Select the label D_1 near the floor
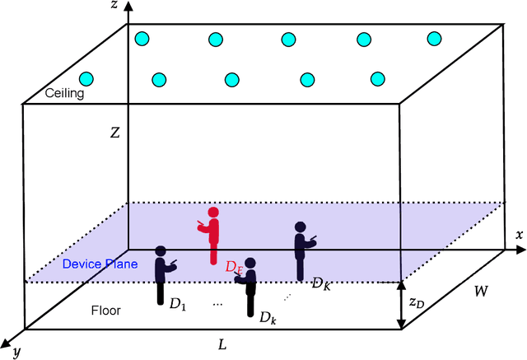(178, 305)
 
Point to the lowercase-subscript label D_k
(268, 316)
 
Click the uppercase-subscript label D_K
(320, 283)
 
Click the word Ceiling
(41, 94)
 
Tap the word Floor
(106, 311)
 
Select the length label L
(222, 344)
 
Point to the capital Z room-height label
(116, 131)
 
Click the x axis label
(519, 235)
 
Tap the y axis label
(16, 353)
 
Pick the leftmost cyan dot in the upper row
(142, 38)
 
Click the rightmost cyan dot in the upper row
(435, 38)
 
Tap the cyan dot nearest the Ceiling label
(86, 79)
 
